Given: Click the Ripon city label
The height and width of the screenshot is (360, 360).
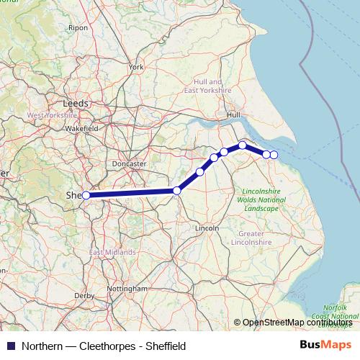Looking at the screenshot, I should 77,27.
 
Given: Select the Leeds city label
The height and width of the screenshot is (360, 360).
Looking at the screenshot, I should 76,103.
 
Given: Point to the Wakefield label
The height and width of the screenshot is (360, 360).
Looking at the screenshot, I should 81,127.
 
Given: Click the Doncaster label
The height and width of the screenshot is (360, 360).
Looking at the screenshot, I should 130,163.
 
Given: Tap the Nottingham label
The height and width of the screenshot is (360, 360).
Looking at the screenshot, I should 126,288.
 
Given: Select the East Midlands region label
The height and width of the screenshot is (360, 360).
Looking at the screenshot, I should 112,253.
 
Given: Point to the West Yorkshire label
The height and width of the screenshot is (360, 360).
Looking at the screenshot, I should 52,114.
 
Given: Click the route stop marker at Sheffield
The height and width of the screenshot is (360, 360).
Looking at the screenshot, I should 86,195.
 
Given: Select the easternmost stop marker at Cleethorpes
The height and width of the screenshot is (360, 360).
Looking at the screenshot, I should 274,155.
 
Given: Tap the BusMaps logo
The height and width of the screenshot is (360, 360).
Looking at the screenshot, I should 326,345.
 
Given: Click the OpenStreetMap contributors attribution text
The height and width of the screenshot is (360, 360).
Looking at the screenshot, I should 297,323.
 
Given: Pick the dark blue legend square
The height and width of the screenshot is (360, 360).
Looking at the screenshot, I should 11,346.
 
